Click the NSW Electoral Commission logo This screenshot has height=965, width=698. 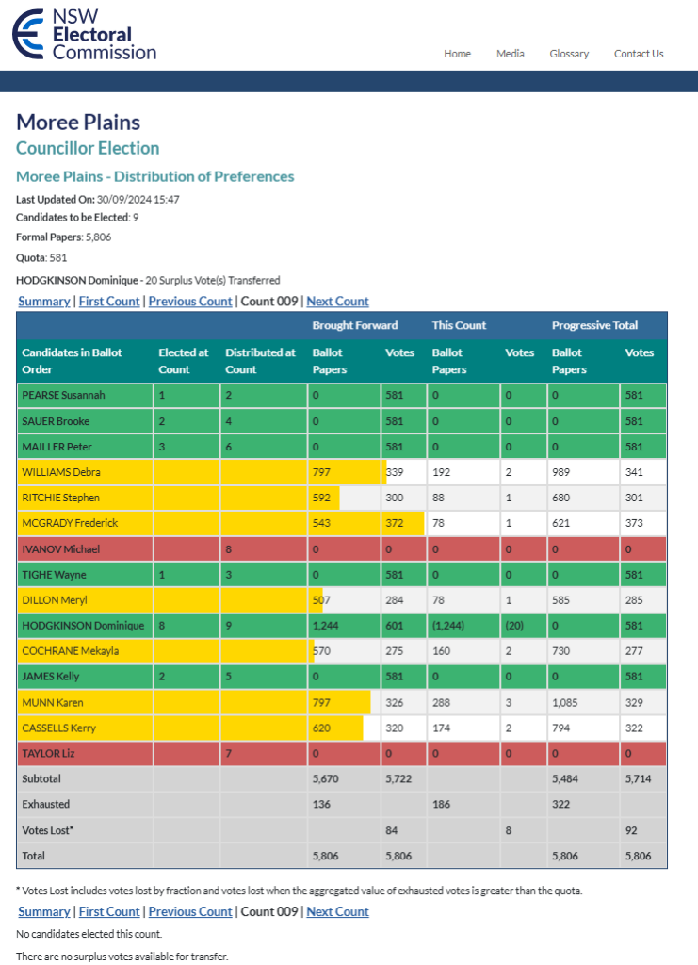pyautogui.click(x=84, y=35)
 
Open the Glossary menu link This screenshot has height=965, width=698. pyautogui.click(x=569, y=54)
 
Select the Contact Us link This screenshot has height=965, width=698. pyautogui.click(x=639, y=54)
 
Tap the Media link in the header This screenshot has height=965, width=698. pyautogui.click(x=511, y=54)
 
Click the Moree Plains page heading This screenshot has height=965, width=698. pyautogui.click(x=78, y=123)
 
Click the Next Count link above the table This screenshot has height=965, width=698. pyautogui.click(x=337, y=301)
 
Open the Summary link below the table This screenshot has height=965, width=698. pyautogui.click(x=44, y=911)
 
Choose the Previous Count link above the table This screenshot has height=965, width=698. pyautogui.click(x=190, y=301)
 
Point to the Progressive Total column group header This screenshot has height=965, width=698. pyautogui.click(x=594, y=325)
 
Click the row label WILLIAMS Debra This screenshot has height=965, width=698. pyautogui.click(x=61, y=472)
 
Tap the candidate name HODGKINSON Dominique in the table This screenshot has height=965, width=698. pyautogui.click(x=83, y=625)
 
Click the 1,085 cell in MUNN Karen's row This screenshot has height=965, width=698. pyautogui.click(x=567, y=702)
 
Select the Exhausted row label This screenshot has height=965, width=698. pyautogui.click(x=46, y=804)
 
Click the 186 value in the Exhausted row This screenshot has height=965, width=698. pyautogui.click(x=443, y=804)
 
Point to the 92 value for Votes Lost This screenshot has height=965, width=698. pyautogui.click(x=632, y=829)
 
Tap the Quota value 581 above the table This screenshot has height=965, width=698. pyautogui.click(x=58, y=257)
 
